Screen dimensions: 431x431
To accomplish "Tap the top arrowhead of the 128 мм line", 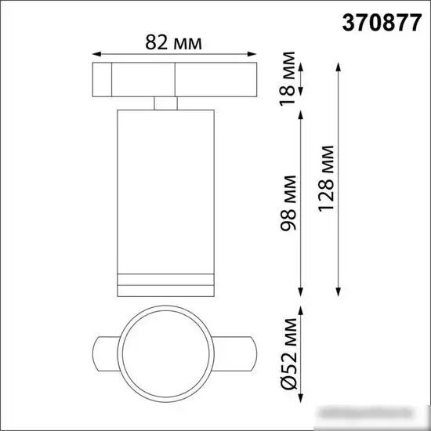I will [x=337, y=65].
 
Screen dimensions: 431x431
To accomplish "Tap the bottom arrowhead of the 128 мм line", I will [x=337, y=288].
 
